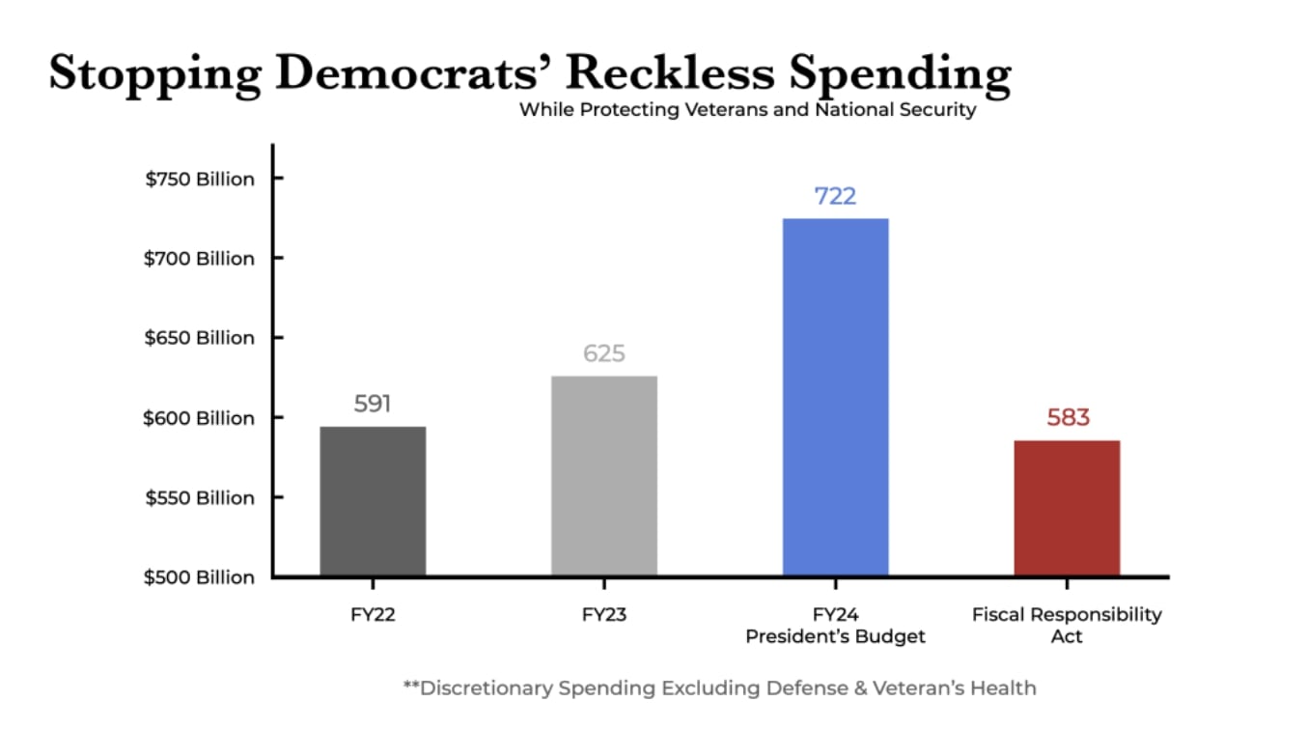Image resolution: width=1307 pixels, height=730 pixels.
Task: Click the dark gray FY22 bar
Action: (x=373, y=501)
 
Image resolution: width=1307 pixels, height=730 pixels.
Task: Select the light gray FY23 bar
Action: (x=604, y=476)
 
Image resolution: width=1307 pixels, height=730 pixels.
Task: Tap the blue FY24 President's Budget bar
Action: (x=835, y=397)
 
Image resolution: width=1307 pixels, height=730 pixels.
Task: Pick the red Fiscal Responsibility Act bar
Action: (x=1067, y=508)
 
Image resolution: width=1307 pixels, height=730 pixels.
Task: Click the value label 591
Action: (x=373, y=404)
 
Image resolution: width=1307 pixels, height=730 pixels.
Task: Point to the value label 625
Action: (x=604, y=353)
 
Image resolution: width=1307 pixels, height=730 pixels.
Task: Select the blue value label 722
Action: (x=835, y=196)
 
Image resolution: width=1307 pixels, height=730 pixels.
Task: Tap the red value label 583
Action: (x=1068, y=418)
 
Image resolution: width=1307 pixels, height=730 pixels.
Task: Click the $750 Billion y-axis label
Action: (x=200, y=180)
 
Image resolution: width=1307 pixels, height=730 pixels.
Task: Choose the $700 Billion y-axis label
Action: (x=200, y=259)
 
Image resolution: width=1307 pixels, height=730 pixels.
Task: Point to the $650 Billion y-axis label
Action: (x=200, y=338)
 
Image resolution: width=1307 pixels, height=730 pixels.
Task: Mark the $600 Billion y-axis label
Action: (x=200, y=418)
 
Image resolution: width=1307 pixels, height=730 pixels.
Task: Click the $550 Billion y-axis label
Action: (x=200, y=498)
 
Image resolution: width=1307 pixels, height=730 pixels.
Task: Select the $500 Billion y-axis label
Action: (x=200, y=577)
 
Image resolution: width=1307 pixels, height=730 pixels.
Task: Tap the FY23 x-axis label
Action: (x=604, y=615)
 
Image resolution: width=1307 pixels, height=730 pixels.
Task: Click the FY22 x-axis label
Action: (x=373, y=615)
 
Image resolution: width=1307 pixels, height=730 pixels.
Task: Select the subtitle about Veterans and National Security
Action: (x=747, y=110)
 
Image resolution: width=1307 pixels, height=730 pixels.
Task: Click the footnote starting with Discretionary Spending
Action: (x=719, y=688)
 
